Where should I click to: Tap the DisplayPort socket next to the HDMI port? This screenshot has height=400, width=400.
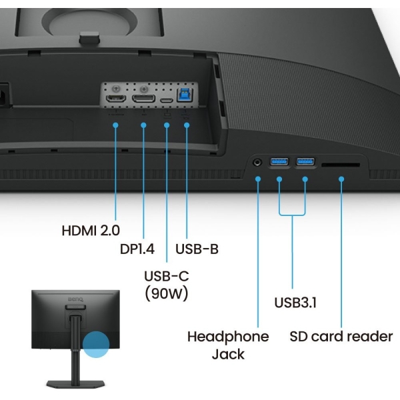[141, 98]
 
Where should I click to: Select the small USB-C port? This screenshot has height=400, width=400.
[165, 99]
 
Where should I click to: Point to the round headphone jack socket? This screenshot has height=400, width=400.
[258, 161]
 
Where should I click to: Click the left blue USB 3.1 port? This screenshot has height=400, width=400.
[279, 161]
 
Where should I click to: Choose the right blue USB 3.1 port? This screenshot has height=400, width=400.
[305, 161]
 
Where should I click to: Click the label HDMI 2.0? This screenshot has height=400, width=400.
[91, 231]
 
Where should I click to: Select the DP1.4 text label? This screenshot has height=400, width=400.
[137, 249]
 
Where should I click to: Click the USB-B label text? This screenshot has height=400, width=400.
[197, 249]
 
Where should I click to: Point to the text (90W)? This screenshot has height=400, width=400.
[166, 293]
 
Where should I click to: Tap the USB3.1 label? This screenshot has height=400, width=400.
[295, 303]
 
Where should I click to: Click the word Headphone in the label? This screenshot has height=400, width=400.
[228, 337]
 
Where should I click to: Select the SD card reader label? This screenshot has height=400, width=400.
[341, 337]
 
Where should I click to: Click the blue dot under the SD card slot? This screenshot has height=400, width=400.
[341, 178]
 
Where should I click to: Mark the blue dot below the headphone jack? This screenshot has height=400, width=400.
[258, 178]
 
